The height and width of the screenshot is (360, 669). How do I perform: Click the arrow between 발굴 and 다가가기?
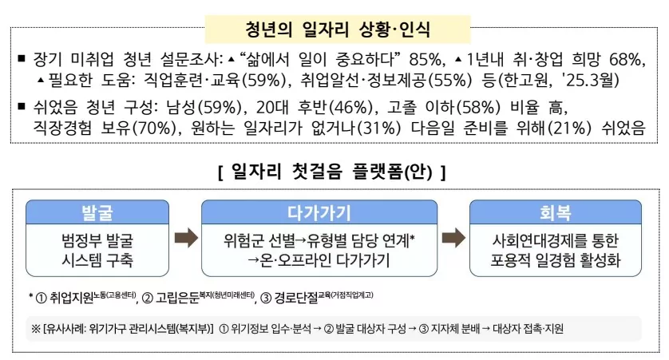(185, 238)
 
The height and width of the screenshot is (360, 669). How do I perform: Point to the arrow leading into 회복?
(453, 238)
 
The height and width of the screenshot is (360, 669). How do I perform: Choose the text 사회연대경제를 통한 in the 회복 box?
(556, 239)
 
